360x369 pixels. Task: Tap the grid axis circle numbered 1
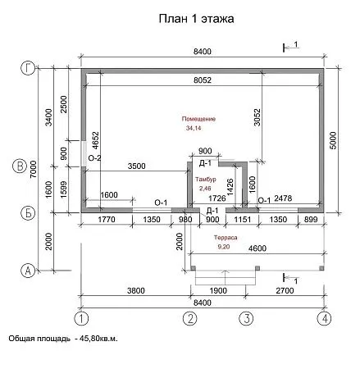pyautogui.click(x=80, y=317)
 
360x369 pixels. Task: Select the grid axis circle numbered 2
pyautogui.click(x=190, y=317)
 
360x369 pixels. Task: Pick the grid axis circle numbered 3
pyautogui.click(x=244, y=317)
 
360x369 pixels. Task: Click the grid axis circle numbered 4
pyautogui.click(x=326, y=317)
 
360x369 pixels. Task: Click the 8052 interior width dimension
pyautogui.click(x=203, y=80)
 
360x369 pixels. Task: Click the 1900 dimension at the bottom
pyautogui.click(x=217, y=289)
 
